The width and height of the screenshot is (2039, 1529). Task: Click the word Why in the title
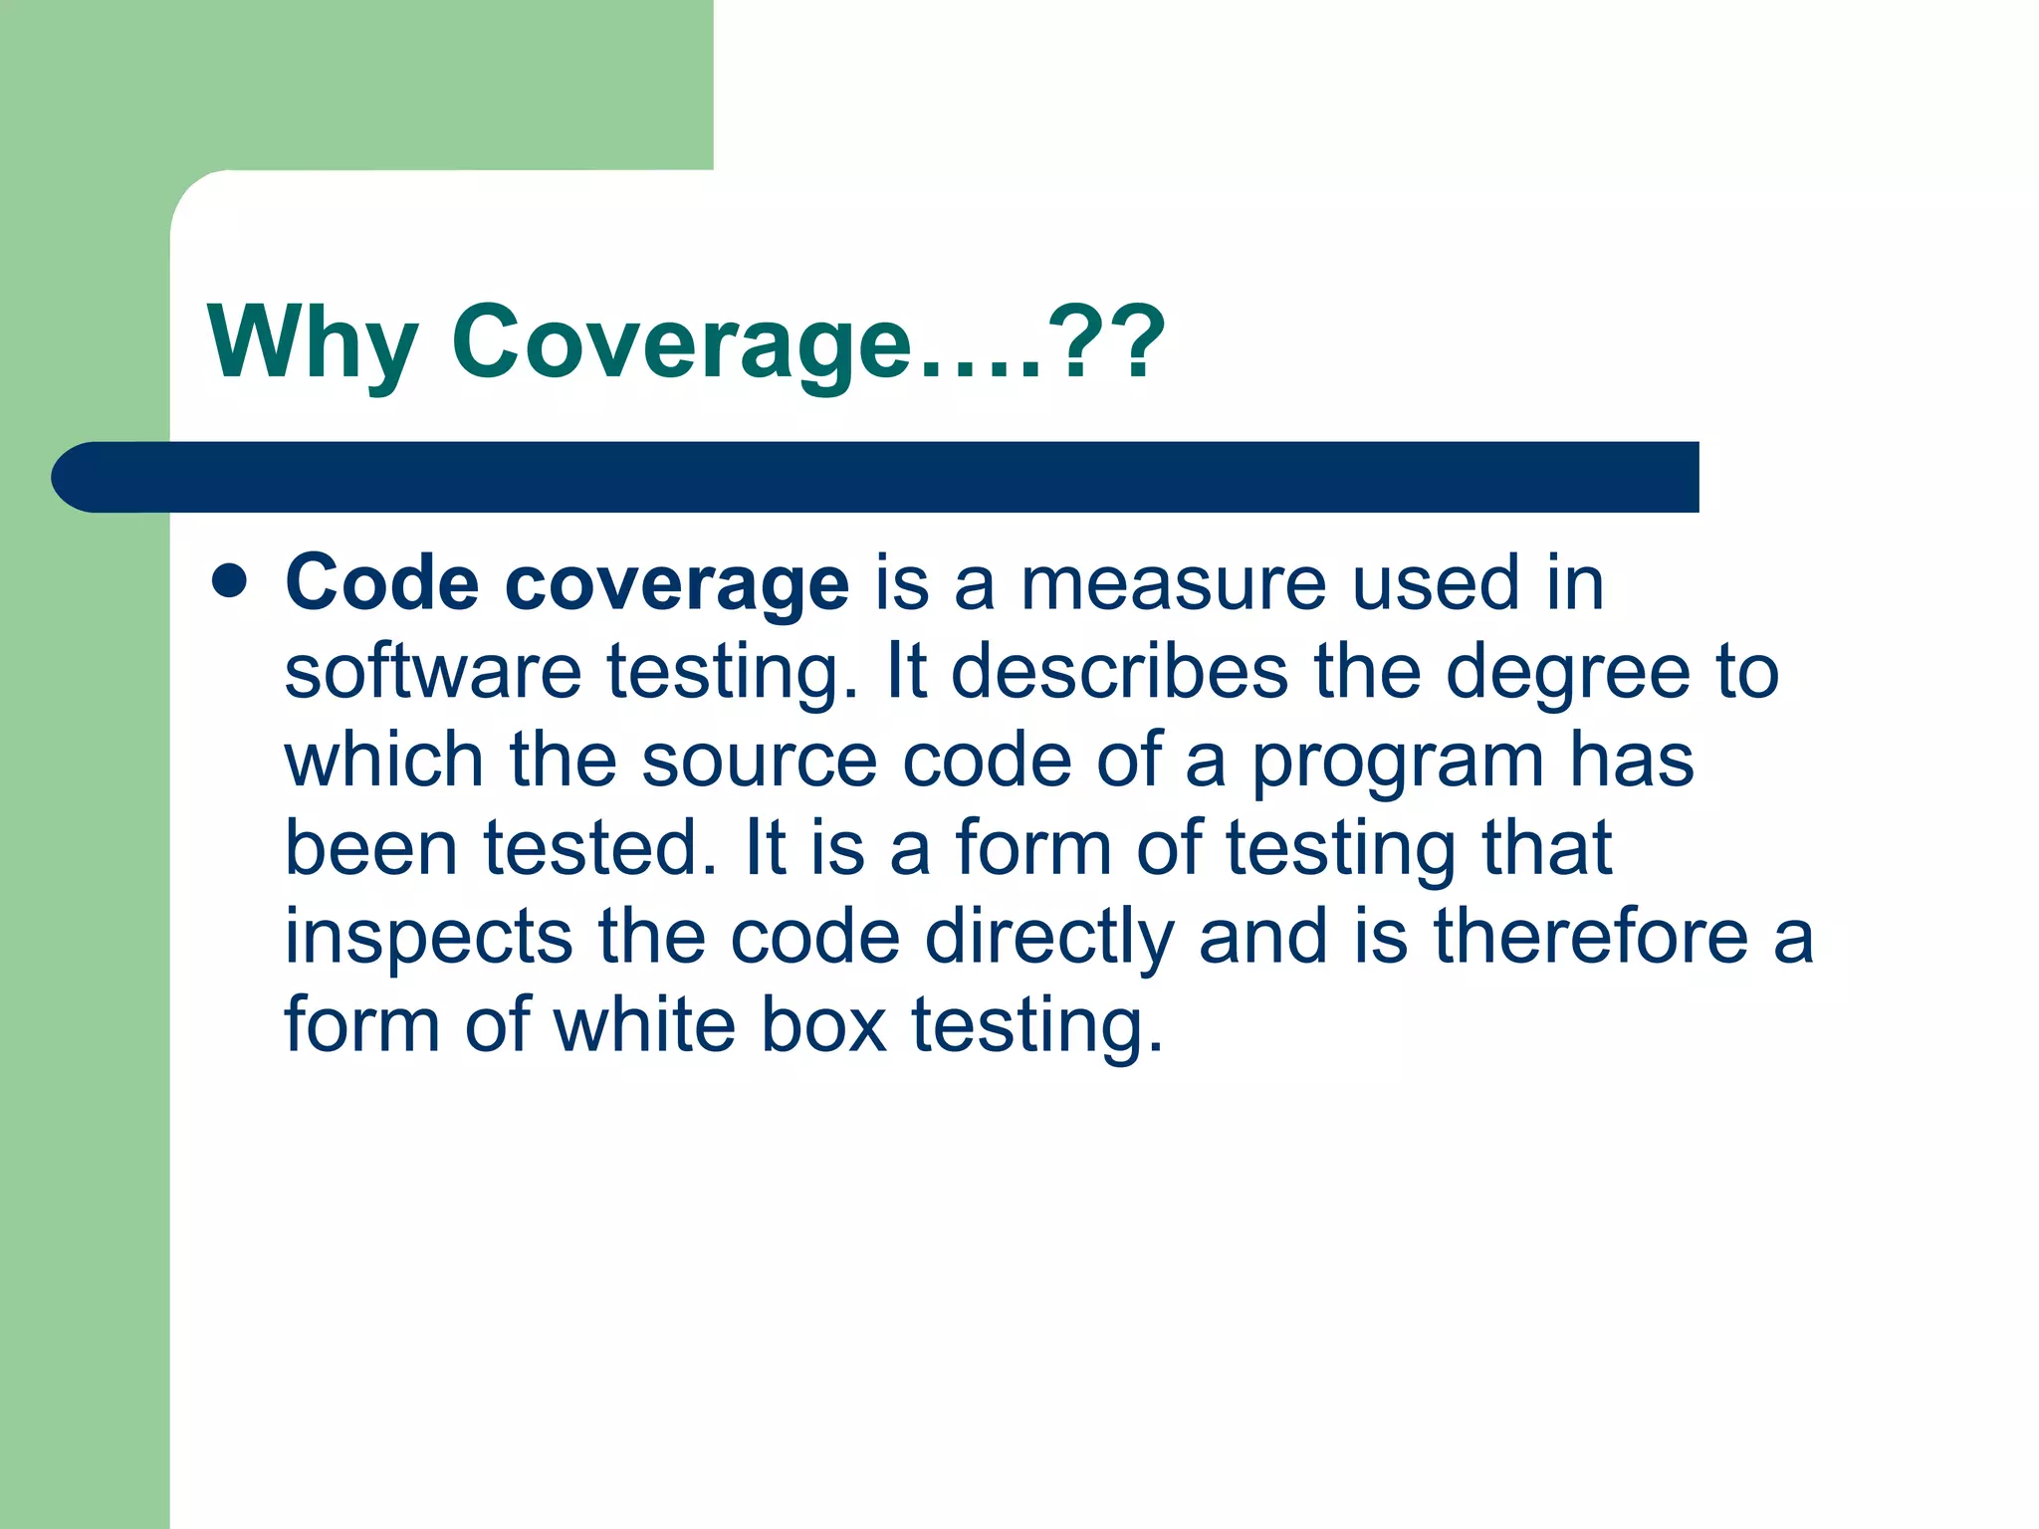click(x=312, y=343)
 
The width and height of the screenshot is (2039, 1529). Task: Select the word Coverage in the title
click(x=681, y=343)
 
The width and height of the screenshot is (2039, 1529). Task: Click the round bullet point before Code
click(x=230, y=581)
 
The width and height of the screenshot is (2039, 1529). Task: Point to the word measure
click(x=1174, y=584)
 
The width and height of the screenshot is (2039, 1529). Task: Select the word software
click(x=433, y=672)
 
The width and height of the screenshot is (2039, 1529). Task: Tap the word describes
click(x=1119, y=672)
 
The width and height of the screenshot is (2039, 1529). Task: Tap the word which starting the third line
click(x=383, y=760)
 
